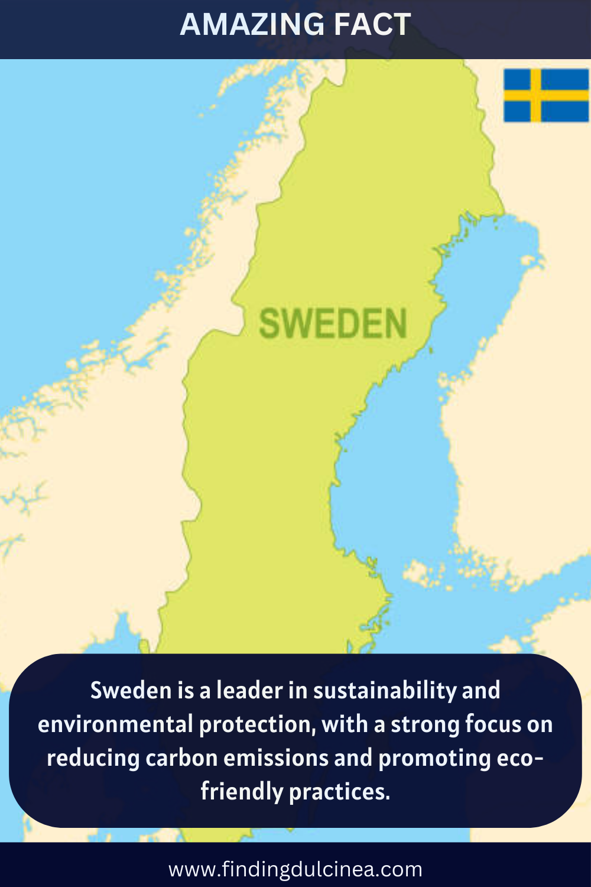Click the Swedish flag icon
tap(545, 96)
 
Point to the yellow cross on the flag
tap(535, 96)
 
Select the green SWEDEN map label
tap(333, 324)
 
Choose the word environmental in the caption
tap(116, 724)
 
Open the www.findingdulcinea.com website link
tap(295, 869)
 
